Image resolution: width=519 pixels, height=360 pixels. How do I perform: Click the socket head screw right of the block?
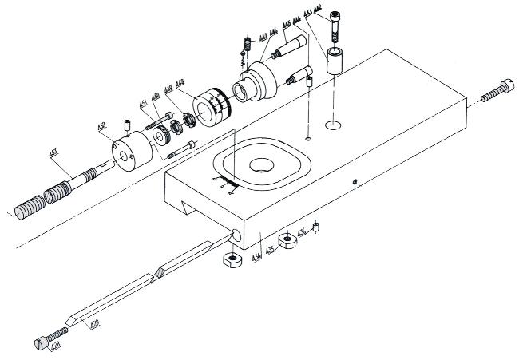[496, 93]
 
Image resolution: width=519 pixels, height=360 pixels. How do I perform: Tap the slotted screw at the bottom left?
[50, 338]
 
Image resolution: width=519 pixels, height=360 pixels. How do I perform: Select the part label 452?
[102, 128]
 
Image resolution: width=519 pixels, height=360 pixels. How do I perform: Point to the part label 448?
[180, 83]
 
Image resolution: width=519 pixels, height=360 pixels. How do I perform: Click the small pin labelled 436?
[316, 228]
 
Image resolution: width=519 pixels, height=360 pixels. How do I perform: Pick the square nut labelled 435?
[287, 241]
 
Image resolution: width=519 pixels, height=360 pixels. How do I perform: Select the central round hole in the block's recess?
[261, 166]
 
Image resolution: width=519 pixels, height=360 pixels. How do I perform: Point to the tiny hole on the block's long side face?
[354, 182]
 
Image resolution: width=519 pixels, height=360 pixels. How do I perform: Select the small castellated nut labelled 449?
[189, 121]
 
